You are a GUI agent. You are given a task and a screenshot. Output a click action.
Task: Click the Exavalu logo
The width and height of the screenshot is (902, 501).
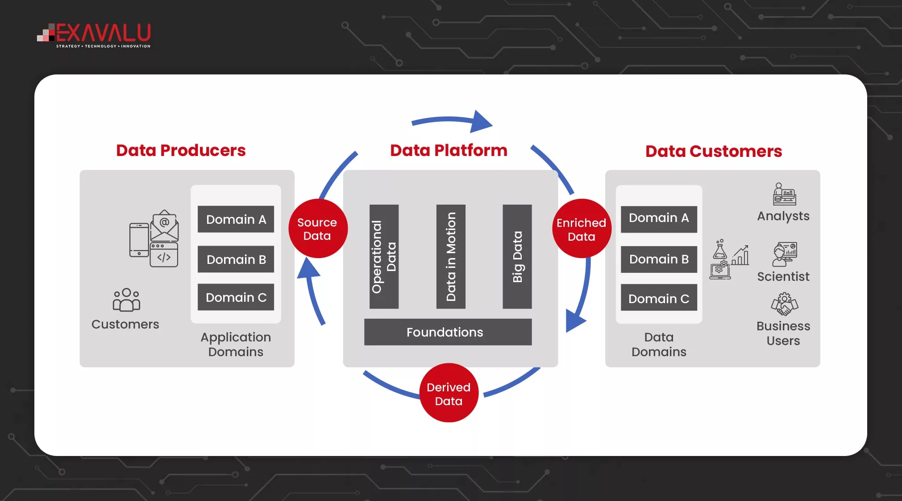pyautogui.click(x=94, y=35)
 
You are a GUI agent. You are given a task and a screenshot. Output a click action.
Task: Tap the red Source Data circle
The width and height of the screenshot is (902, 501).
pyautogui.click(x=317, y=229)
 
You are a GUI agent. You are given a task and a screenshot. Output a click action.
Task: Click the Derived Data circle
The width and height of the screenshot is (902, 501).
pyautogui.click(x=449, y=394)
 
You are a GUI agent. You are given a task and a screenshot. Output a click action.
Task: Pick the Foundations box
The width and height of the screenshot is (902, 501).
pyautogui.click(x=448, y=332)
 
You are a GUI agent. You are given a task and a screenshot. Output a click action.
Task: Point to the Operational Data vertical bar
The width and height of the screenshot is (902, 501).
pyautogui.click(x=384, y=257)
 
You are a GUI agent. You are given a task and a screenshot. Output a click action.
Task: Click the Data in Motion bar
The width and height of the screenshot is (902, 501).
pyautogui.click(x=451, y=257)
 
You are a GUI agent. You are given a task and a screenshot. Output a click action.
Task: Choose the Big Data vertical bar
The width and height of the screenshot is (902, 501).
pyautogui.click(x=517, y=257)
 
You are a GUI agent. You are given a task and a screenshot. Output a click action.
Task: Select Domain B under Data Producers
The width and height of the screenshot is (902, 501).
pyautogui.click(x=236, y=259)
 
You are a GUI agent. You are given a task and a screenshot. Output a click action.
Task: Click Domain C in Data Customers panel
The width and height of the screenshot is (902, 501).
pyautogui.click(x=659, y=298)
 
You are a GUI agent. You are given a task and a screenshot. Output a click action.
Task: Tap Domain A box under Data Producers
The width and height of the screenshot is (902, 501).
pyautogui.click(x=236, y=219)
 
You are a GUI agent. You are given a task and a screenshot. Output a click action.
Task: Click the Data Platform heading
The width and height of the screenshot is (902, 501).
pyautogui.click(x=449, y=151)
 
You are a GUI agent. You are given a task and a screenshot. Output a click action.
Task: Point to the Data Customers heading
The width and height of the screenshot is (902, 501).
pyautogui.click(x=713, y=152)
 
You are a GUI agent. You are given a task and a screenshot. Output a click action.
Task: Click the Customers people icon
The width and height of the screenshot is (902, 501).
pyautogui.click(x=126, y=300)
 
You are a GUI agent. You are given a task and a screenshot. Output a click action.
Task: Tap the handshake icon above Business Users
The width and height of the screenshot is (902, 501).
pyautogui.click(x=784, y=304)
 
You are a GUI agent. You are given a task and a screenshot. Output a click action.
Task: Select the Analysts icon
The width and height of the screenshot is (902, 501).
pyautogui.click(x=785, y=194)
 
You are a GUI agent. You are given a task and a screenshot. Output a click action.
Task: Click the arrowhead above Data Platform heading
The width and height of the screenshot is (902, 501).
pyautogui.click(x=481, y=121)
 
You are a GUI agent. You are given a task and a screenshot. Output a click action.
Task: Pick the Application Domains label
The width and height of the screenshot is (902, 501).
pyautogui.click(x=236, y=345)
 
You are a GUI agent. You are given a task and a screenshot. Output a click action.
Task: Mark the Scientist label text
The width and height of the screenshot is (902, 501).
pyautogui.click(x=783, y=277)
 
